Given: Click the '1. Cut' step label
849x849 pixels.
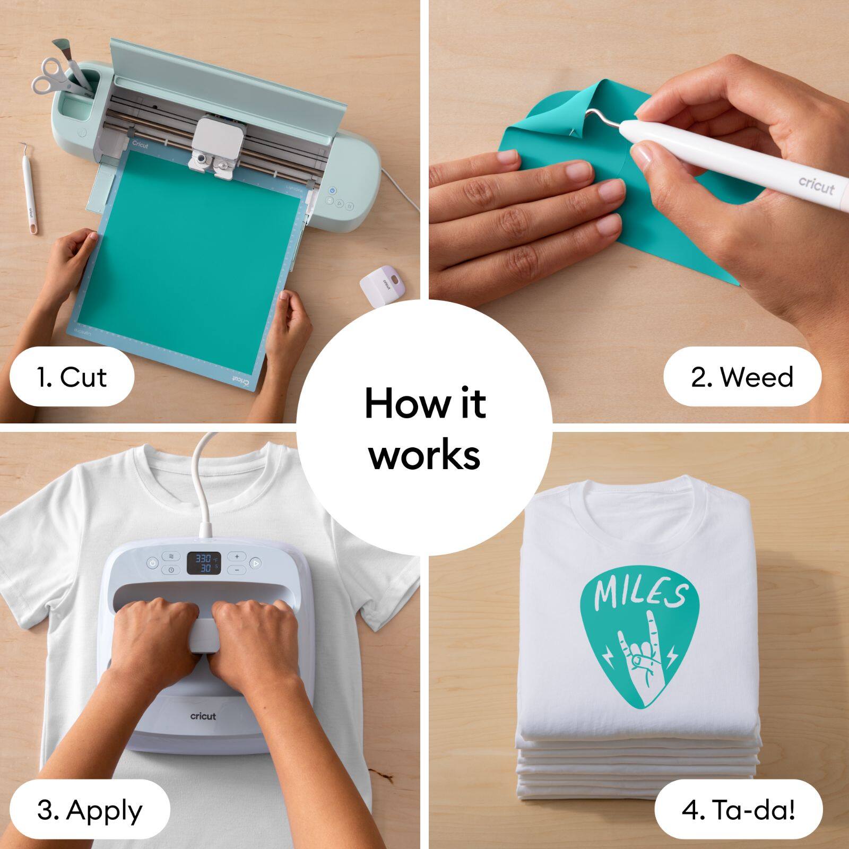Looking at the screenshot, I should click(x=71, y=377).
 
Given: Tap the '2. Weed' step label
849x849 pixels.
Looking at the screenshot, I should click(x=742, y=377).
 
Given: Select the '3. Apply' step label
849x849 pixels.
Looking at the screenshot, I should click(x=90, y=810).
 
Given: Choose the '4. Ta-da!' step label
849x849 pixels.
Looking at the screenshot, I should click(x=738, y=810).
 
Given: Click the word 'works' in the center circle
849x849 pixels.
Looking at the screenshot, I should click(x=424, y=455).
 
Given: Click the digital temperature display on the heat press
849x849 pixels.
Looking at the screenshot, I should click(x=204, y=562).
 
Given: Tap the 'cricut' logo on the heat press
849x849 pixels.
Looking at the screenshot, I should click(x=203, y=716).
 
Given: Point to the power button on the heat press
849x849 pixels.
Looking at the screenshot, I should click(x=152, y=564).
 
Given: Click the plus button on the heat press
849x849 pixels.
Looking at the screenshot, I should click(x=237, y=557).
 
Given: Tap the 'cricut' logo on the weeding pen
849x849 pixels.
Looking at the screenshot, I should click(x=817, y=186).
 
